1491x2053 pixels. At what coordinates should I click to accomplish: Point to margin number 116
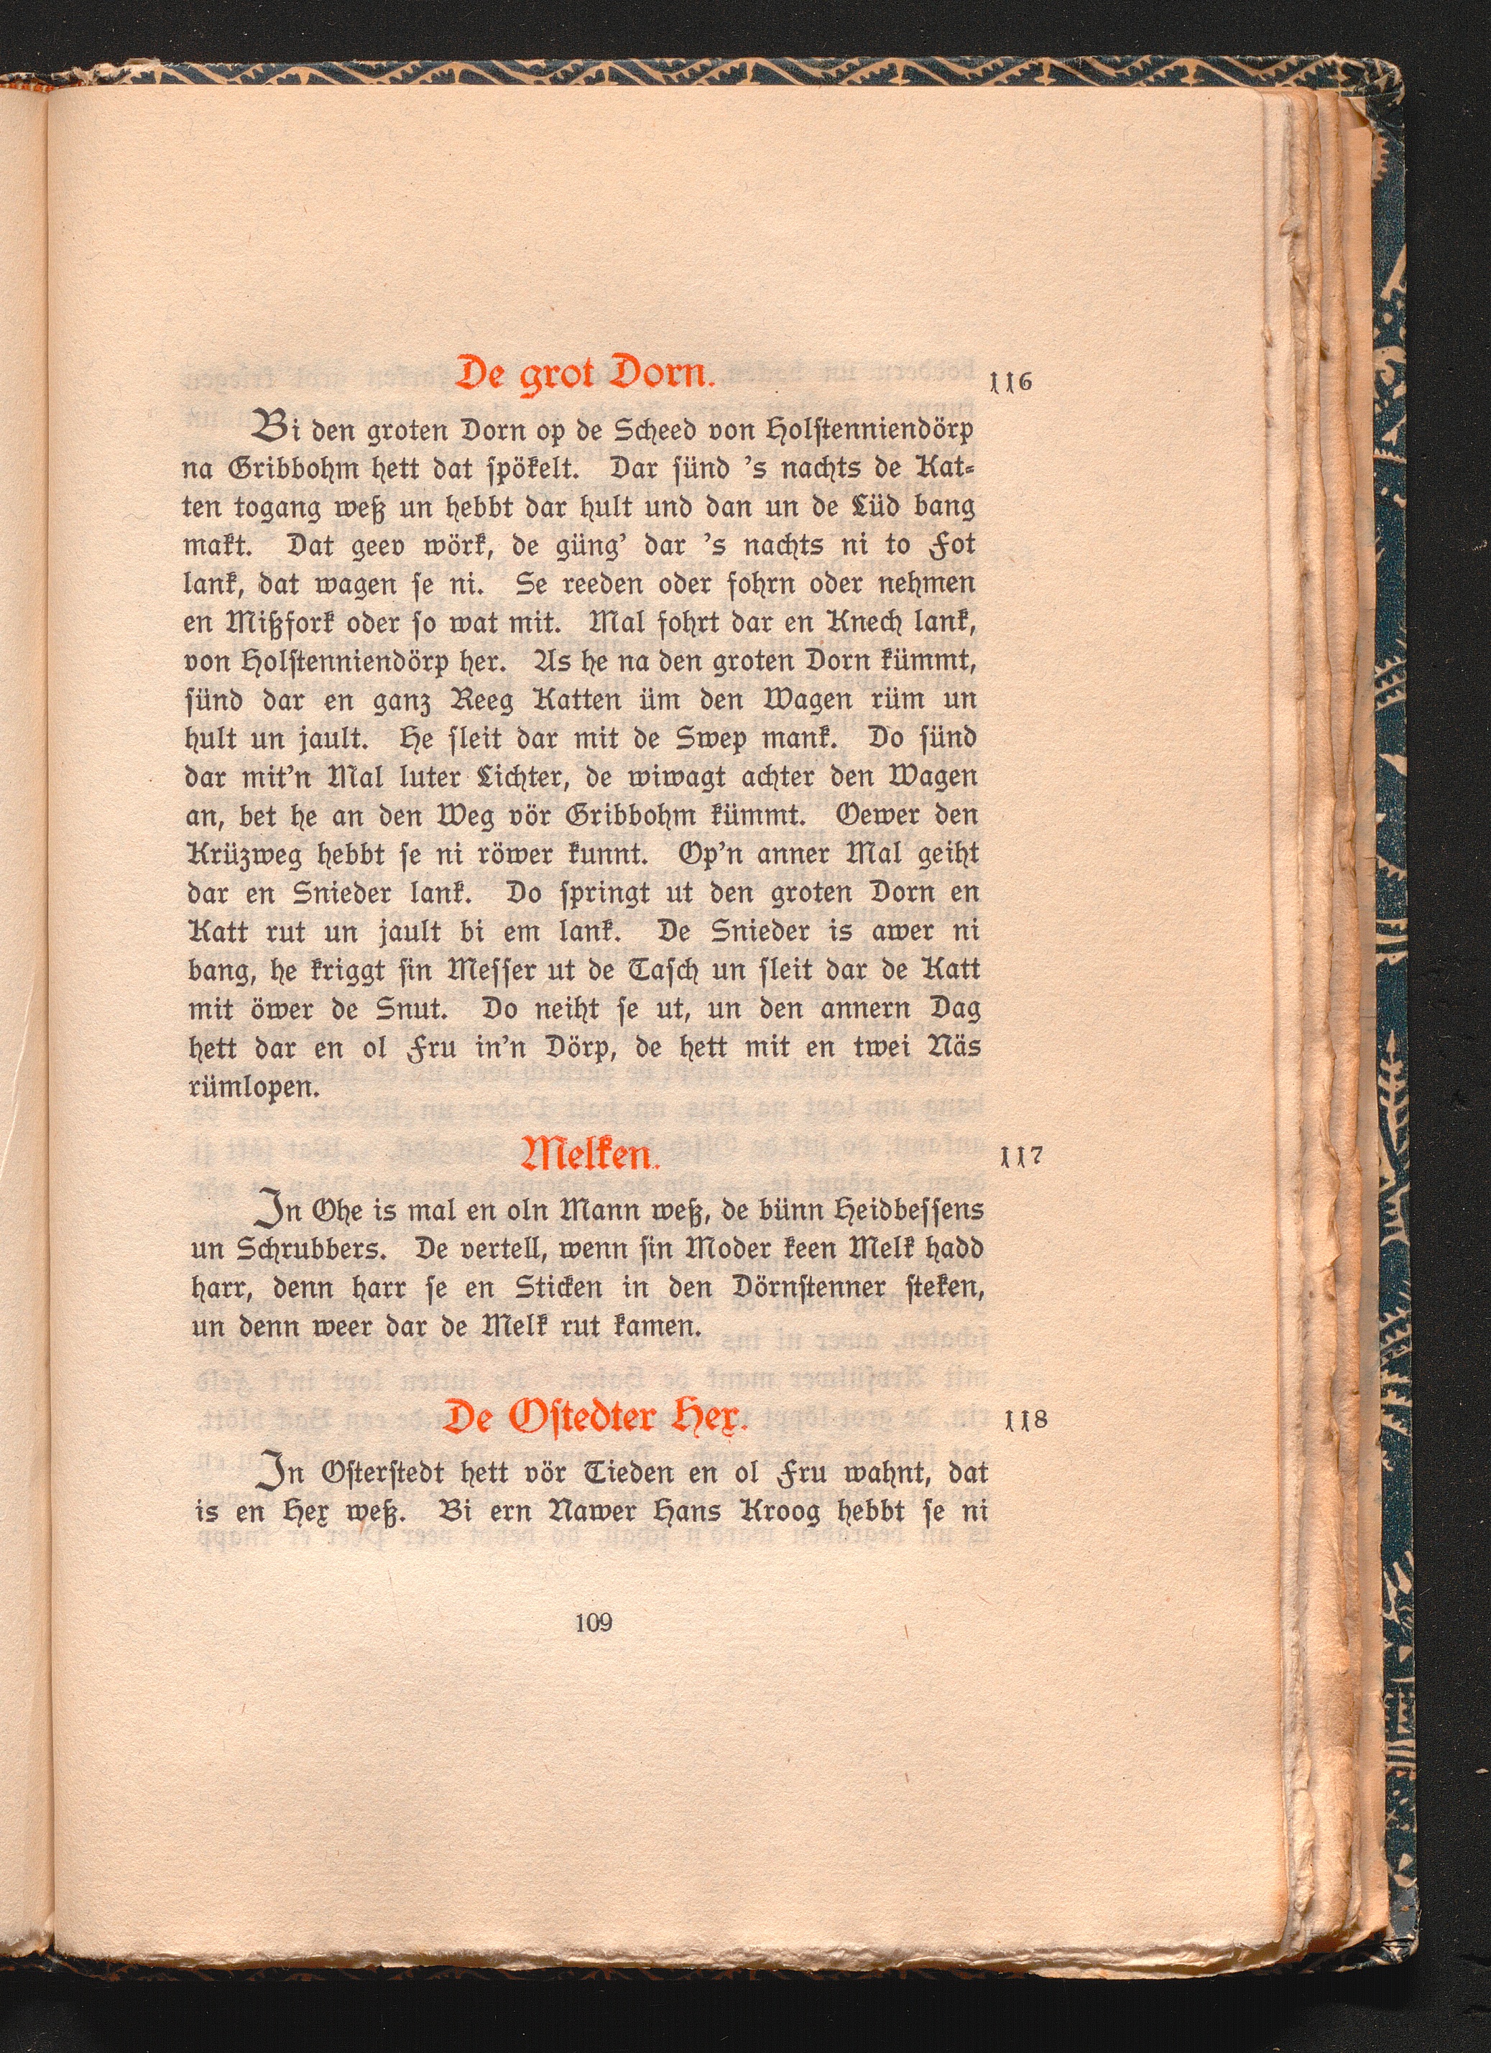[1012, 381]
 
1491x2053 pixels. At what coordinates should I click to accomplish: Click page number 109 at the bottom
[594, 1622]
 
